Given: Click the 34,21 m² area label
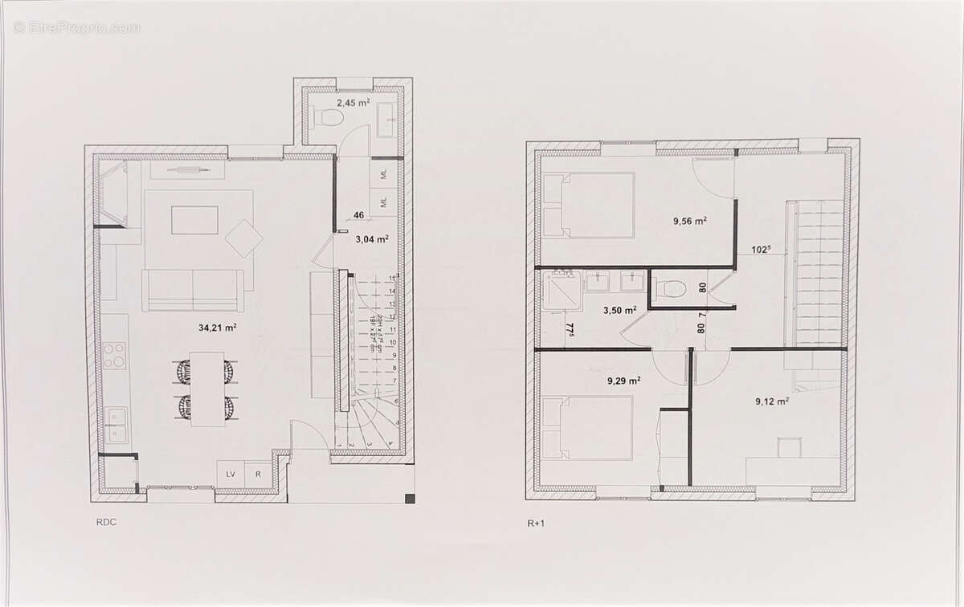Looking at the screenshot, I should click(217, 327).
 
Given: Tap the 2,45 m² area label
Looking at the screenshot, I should click(353, 103).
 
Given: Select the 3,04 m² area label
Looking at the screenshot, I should click(372, 238).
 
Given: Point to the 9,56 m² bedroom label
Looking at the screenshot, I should click(690, 220).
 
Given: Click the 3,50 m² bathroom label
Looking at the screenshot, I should click(620, 309).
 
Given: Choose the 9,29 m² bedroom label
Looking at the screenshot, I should click(623, 381).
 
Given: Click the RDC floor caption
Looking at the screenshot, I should click(105, 521).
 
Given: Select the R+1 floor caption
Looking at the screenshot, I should click(537, 523).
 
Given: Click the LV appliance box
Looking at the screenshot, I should click(231, 474).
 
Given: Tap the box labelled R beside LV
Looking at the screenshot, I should click(258, 474).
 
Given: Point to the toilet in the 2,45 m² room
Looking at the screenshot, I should click(328, 117).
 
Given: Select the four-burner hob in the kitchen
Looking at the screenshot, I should click(114, 355).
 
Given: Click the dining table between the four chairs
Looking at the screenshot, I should click(206, 389).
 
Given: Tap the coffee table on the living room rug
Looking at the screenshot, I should click(194, 220).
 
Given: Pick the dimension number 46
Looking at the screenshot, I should click(359, 215).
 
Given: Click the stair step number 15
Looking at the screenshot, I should click(391, 278).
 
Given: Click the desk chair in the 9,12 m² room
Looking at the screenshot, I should click(789, 448).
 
